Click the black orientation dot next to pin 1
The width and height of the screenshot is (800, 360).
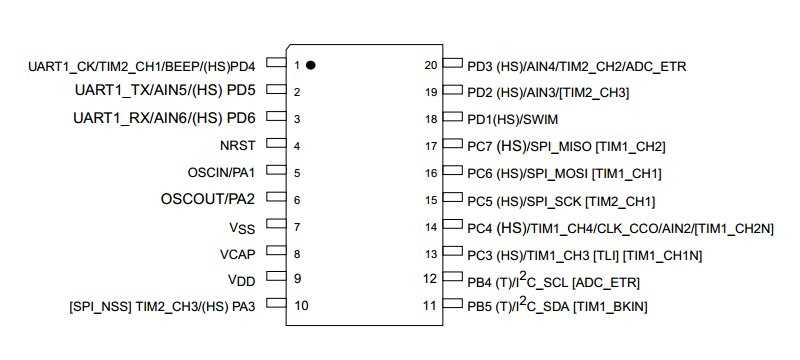[311, 65]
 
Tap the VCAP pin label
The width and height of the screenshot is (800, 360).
[237, 254]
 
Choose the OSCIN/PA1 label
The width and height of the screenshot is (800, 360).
[221, 173]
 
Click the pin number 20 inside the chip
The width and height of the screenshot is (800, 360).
[431, 65]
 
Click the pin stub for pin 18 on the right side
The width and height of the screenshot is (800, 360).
[452, 119]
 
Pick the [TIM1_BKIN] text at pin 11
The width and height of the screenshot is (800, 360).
[608, 307]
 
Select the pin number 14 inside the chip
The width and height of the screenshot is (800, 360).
[431, 227]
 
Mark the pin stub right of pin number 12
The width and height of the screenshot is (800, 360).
[452, 280]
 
